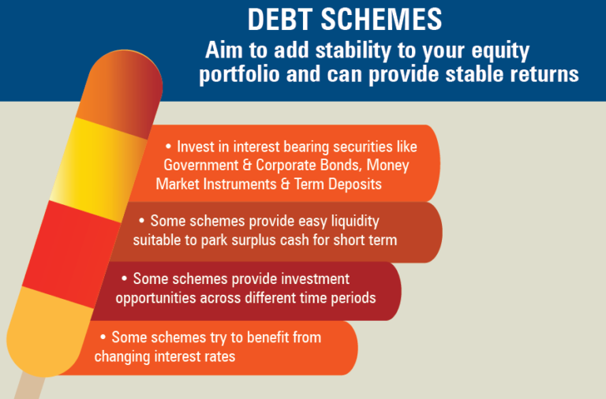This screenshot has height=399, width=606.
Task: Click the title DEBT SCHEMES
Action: tap(345, 19)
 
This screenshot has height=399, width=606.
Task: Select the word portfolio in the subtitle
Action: tap(240, 75)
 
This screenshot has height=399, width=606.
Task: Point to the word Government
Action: tap(201, 166)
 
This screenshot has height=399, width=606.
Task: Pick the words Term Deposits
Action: tap(339, 184)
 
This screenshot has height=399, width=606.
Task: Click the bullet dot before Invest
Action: tap(168, 147)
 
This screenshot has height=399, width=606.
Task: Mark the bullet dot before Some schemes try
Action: tap(103, 337)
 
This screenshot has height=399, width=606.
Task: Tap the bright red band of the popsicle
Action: tap(72, 254)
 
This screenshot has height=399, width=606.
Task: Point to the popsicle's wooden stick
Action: tap(29, 386)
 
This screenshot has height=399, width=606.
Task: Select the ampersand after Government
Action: tap(247, 166)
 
